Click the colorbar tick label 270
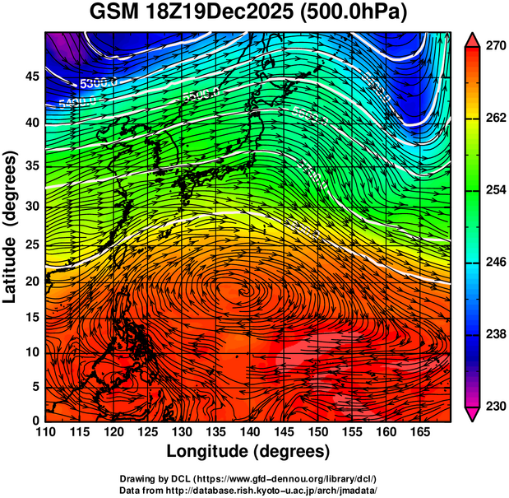[494, 47]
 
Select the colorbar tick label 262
[494, 119]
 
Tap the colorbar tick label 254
[494, 190]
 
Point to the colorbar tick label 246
[494, 262]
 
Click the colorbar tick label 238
[494, 334]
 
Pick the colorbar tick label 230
[494, 406]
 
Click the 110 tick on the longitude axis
[45, 431]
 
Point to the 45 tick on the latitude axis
[31, 76]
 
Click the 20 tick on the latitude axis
[31, 281]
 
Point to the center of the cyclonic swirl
[243, 289]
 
